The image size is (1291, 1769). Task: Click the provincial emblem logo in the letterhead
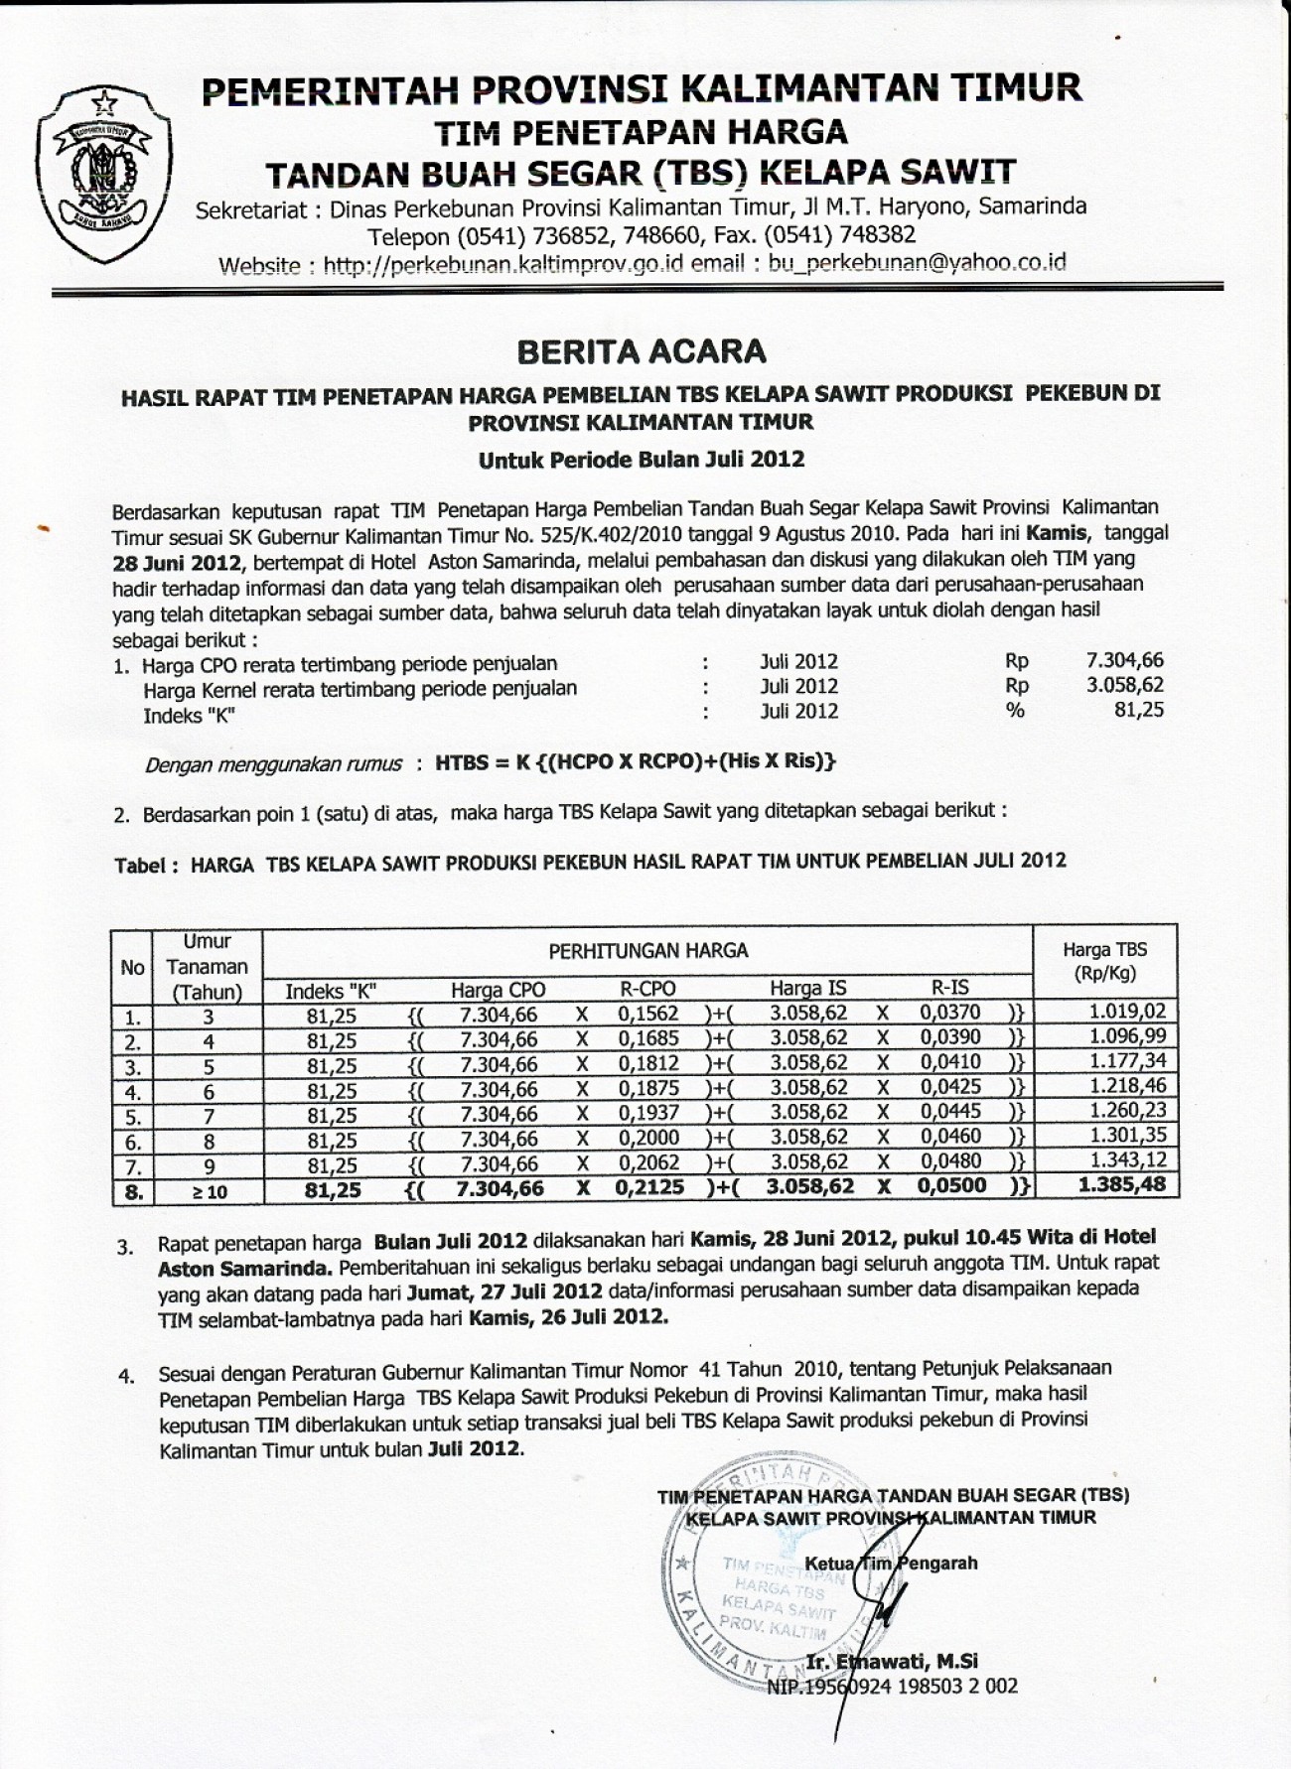tap(103, 162)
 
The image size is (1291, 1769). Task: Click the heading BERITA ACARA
tap(642, 350)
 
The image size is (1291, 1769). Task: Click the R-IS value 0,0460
tap(949, 1136)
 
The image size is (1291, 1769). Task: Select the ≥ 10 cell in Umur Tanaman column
tap(209, 1190)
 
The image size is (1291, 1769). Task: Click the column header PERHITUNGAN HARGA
tap(647, 950)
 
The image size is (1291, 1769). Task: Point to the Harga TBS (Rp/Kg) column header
tap(1104, 961)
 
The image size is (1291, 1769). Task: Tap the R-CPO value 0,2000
tap(647, 1137)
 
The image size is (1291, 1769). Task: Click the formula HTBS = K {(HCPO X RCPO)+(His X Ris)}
tap(636, 762)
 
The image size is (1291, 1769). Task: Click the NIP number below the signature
tap(892, 1686)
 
